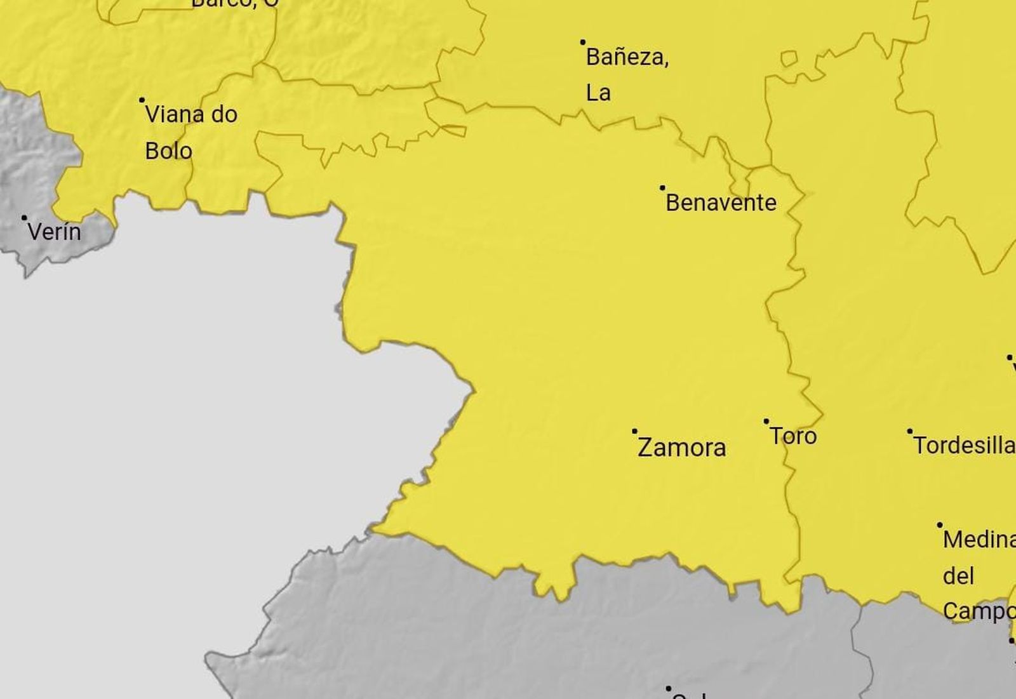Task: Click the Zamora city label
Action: click(681, 448)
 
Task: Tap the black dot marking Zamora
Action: click(634, 431)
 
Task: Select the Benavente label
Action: click(721, 203)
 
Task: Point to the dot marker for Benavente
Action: click(662, 188)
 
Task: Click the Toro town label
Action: click(793, 436)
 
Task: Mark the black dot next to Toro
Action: click(766, 421)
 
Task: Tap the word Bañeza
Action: click(627, 57)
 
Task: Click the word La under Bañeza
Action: click(598, 93)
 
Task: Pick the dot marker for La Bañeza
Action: click(583, 43)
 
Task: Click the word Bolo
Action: click(168, 151)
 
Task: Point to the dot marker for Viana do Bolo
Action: click(142, 100)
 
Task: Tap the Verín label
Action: click(54, 232)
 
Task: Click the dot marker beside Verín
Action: click(24, 217)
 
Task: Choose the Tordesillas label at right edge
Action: click(964, 446)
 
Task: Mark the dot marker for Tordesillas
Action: click(909, 431)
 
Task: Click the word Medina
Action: click(978, 540)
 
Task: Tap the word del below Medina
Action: click(958, 576)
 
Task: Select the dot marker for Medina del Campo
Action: click(940, 525)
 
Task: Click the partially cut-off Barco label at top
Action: click(234, 3)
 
